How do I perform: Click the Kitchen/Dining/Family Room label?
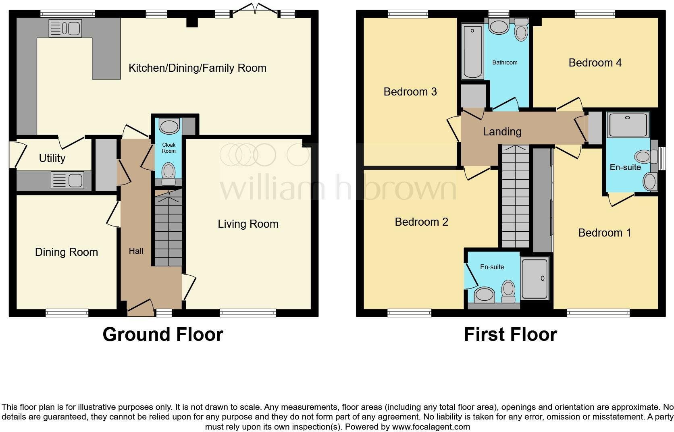pos(198,68)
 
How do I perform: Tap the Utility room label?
pos(52,158)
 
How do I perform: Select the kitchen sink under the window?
pos(65,29)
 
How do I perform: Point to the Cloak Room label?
pos(169,148)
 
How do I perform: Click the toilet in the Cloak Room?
pos(168,174)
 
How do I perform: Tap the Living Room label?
pos(248,224)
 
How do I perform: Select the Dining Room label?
pos(67,252)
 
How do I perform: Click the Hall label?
pos(136,251)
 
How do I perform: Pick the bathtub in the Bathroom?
pos(472,52)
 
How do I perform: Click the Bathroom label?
pos(505,62)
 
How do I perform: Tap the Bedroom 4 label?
pos(595,62)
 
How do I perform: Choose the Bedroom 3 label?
pos(410,92)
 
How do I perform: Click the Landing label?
pos(502,132)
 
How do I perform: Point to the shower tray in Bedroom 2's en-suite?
pos(535,278)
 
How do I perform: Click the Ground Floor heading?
pos(163,334)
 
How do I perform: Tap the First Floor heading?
pos(511,334)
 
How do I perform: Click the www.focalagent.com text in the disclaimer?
pos(431,427)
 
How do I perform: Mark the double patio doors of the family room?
pos(255,8)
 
